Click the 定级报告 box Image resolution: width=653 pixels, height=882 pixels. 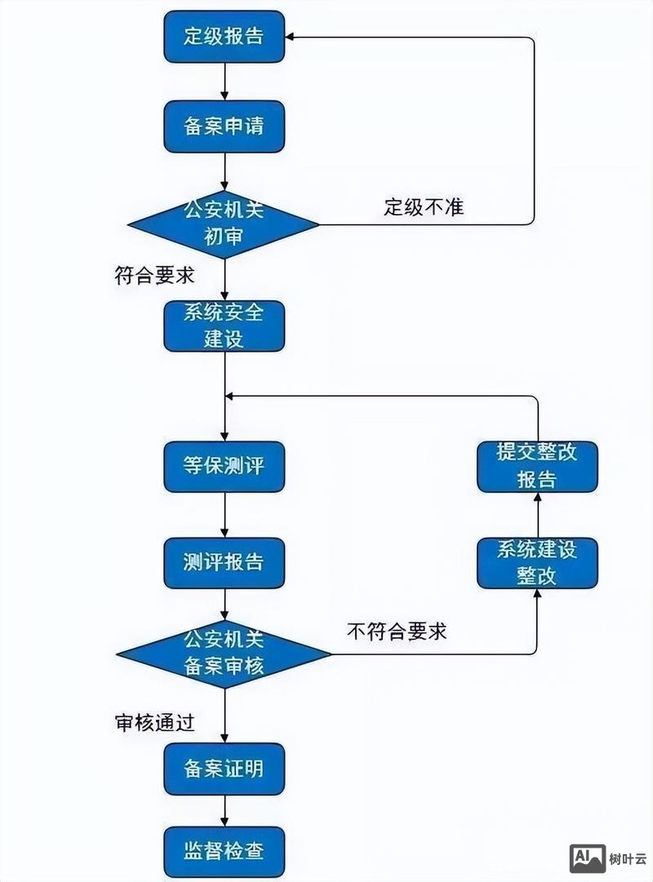tap(224, 37)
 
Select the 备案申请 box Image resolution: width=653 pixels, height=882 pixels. tap(224, 126)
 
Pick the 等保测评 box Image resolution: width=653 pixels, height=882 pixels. tap(224, 467)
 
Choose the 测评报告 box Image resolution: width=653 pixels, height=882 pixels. tap(224, 563)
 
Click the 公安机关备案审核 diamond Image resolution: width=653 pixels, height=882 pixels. tap(224, 654)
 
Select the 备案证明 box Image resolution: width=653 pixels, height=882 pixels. tap(224, 769)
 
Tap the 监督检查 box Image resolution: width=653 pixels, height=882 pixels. tap(224, 853)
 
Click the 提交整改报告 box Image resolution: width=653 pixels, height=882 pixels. tap(537, 467)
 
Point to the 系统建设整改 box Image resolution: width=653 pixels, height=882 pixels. tap(537, 563)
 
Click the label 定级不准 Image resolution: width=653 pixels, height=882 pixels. tap(424, 207)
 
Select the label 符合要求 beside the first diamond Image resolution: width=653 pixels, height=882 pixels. tap(154, 275)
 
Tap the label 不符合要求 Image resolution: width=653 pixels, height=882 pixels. tap(397, 631)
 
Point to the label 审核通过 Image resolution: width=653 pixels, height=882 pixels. tap(154, 723)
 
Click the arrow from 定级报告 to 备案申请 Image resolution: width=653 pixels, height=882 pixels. tap(224, 82)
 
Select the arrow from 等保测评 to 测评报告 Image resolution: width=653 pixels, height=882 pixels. tap(224, 515)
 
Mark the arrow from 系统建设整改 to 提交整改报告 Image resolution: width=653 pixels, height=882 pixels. tap(537, 515)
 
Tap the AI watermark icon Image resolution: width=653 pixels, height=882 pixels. tap(587, 858)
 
